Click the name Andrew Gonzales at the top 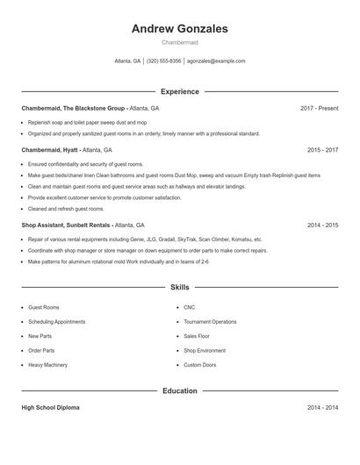point(179,29)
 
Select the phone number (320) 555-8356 point(163,61)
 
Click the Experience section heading point(179,91)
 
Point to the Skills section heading point(179,287)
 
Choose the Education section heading point(179,390)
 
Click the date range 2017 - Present point(319,108)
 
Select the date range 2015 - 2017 point(322,150)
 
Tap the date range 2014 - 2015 point(322,225)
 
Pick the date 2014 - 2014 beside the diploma point(322,408)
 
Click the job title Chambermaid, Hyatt point(49,150)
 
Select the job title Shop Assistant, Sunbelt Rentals point(66,225)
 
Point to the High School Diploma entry point(51,408)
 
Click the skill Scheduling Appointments point(56,322)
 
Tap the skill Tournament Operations point(210,322)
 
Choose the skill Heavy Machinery point(47,364)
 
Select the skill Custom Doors point(199,364)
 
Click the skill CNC point(189,308)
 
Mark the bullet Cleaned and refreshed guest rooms point(66,209)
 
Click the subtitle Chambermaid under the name point(179,42)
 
